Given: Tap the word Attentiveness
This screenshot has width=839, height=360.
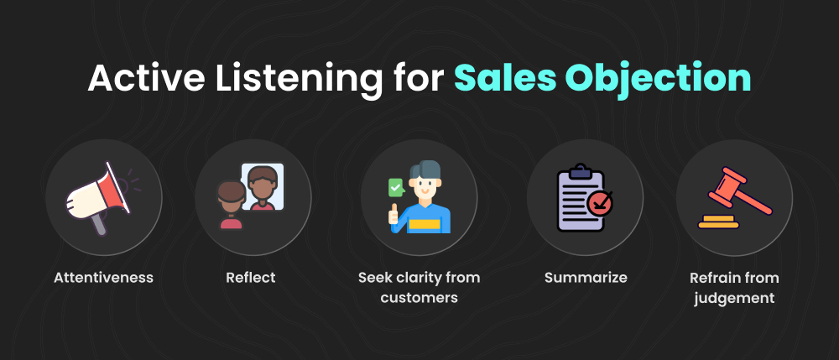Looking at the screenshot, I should point(103,277).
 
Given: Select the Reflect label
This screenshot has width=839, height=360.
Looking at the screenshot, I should point(251,277).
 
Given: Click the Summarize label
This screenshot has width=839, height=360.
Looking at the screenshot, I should point(585,277).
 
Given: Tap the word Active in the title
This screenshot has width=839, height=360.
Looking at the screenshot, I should point(139,78).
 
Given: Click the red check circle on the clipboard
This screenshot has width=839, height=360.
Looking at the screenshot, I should point(600,202).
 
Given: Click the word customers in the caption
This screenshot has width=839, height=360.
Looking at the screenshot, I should point(419,297).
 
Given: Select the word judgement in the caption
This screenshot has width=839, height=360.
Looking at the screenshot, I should point(734,297).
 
